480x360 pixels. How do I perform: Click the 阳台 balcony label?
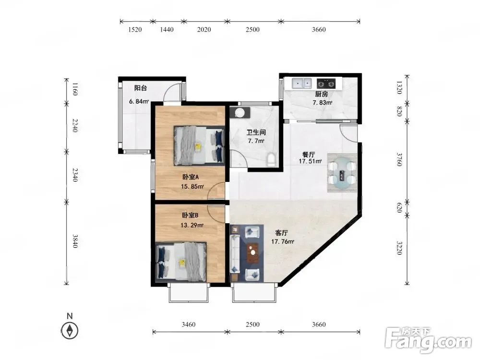point(141,88)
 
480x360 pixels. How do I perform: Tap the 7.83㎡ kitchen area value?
point(322,103)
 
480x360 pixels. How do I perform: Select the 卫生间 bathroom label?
point(256,132)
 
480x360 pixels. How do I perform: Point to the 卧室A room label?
point(191,177)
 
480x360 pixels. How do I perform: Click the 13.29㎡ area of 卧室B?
point(192,225)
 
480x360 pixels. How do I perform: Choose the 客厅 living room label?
point(282,233)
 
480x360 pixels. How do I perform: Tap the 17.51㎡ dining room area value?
point(310,161)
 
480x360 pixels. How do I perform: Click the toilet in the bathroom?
point(271,160)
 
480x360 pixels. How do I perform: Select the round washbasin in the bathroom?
point(240,113)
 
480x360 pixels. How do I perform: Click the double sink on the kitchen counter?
point(301,83)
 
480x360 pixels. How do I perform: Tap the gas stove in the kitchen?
point(326,83)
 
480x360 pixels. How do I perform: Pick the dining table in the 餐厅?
point(342,173)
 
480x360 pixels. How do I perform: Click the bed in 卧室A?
point(199,146)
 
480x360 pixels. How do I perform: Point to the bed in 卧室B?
point(181,262)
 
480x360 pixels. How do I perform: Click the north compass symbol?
point(70,331)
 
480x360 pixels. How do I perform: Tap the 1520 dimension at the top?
point(135,30)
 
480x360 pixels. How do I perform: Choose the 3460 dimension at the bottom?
point(189,324)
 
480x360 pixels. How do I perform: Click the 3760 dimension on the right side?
point(399,159)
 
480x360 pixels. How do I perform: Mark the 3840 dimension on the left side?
point(75,241)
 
